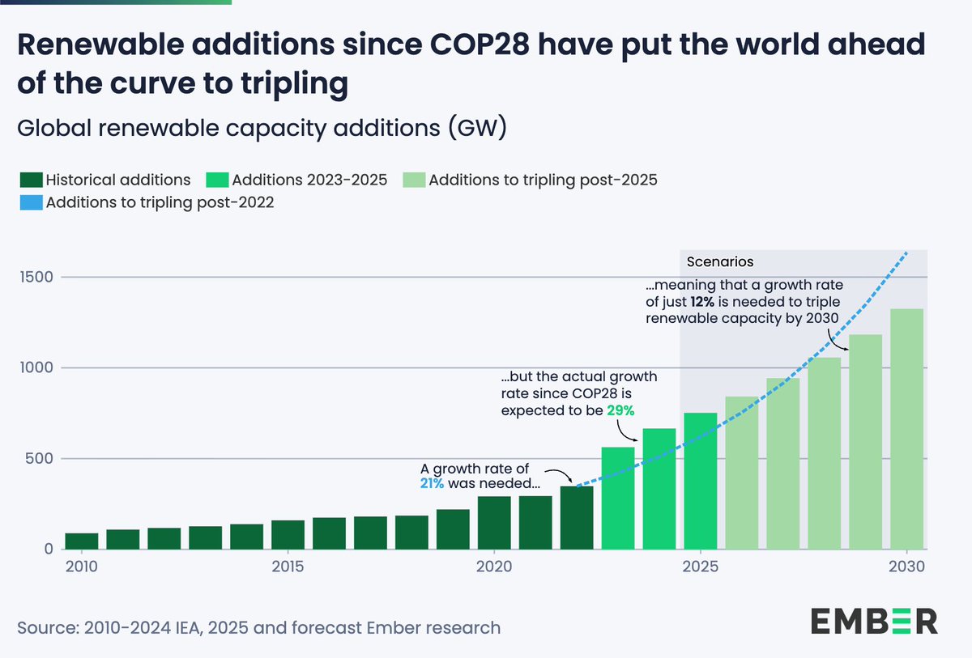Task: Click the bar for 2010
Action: pyautogui.click(x=82, y=541)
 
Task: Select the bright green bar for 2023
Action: pyautogui.click(x=618, y=498)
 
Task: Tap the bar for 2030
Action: pyautogui.click(x=906, y=429)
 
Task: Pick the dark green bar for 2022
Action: pyautogui.click(x=577, y=517)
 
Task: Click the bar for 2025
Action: pyautogui.click(x=701, y=481)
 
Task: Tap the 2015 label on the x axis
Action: pyautogui.click(x=288, y=567)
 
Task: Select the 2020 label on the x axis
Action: pyautogui.click(x=494, y=567)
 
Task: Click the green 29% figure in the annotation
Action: pyautogui.click(x=620, y=410)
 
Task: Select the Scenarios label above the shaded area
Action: pyautogui.click(x=720, y=262)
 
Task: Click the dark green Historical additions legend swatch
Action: pyautogui.click(x=30, y=180)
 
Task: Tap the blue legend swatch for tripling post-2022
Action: pyautogui.click(x=30, y=202)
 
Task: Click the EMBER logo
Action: pyautogui.click(x=874, y=622)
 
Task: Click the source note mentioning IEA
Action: pyautogui.click(x=258, y=627)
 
